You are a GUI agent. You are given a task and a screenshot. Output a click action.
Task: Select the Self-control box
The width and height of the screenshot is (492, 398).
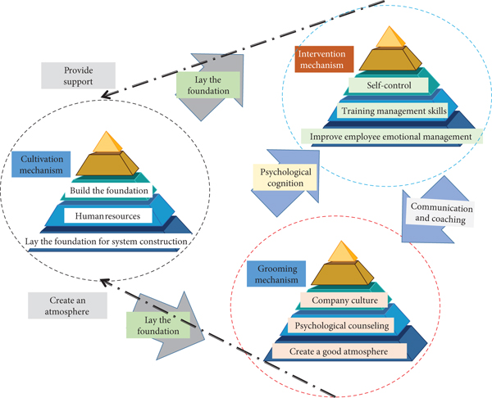(388, 84)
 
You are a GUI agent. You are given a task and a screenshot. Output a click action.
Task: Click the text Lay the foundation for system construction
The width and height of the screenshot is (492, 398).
(106, 242)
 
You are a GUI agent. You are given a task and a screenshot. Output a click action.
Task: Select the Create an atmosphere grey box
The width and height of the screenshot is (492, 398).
(66, 305)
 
